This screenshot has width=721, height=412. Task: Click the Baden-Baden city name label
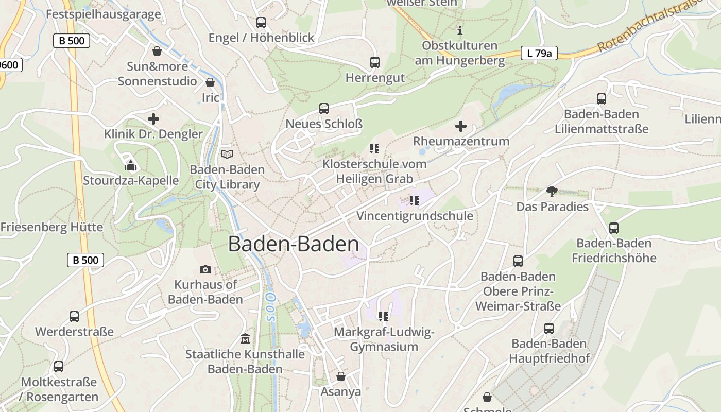pos(294,244)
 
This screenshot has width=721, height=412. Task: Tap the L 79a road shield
pos(539,53)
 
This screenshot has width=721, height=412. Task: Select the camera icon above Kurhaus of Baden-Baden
pos(205,269)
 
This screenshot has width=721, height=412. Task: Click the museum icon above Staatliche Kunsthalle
pos(245,339)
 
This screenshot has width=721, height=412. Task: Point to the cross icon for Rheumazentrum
pos(461,126)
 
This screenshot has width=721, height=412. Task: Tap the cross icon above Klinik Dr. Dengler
pos(153,119)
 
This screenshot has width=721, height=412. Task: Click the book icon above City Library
pos(227,154)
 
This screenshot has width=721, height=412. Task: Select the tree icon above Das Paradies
pos(552,192)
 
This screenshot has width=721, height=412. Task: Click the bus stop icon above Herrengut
pos(375,62)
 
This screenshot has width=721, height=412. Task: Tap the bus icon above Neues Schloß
pos(324,109)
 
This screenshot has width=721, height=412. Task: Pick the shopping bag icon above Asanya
pos(340,376)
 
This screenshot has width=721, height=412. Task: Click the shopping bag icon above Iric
pos(210,82)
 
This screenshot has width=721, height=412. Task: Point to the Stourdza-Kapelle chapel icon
pos(131,165)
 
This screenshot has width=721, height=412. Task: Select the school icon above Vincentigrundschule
pos(415,201)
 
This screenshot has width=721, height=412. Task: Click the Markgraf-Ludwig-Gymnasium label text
pos(384,339)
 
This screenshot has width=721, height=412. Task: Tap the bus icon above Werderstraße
pos(74,316)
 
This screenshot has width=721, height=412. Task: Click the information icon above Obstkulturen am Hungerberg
pos(460,30)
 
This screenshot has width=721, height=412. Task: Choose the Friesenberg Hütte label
pos(51,227)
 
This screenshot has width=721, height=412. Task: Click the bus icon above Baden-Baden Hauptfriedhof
pos(549,329)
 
